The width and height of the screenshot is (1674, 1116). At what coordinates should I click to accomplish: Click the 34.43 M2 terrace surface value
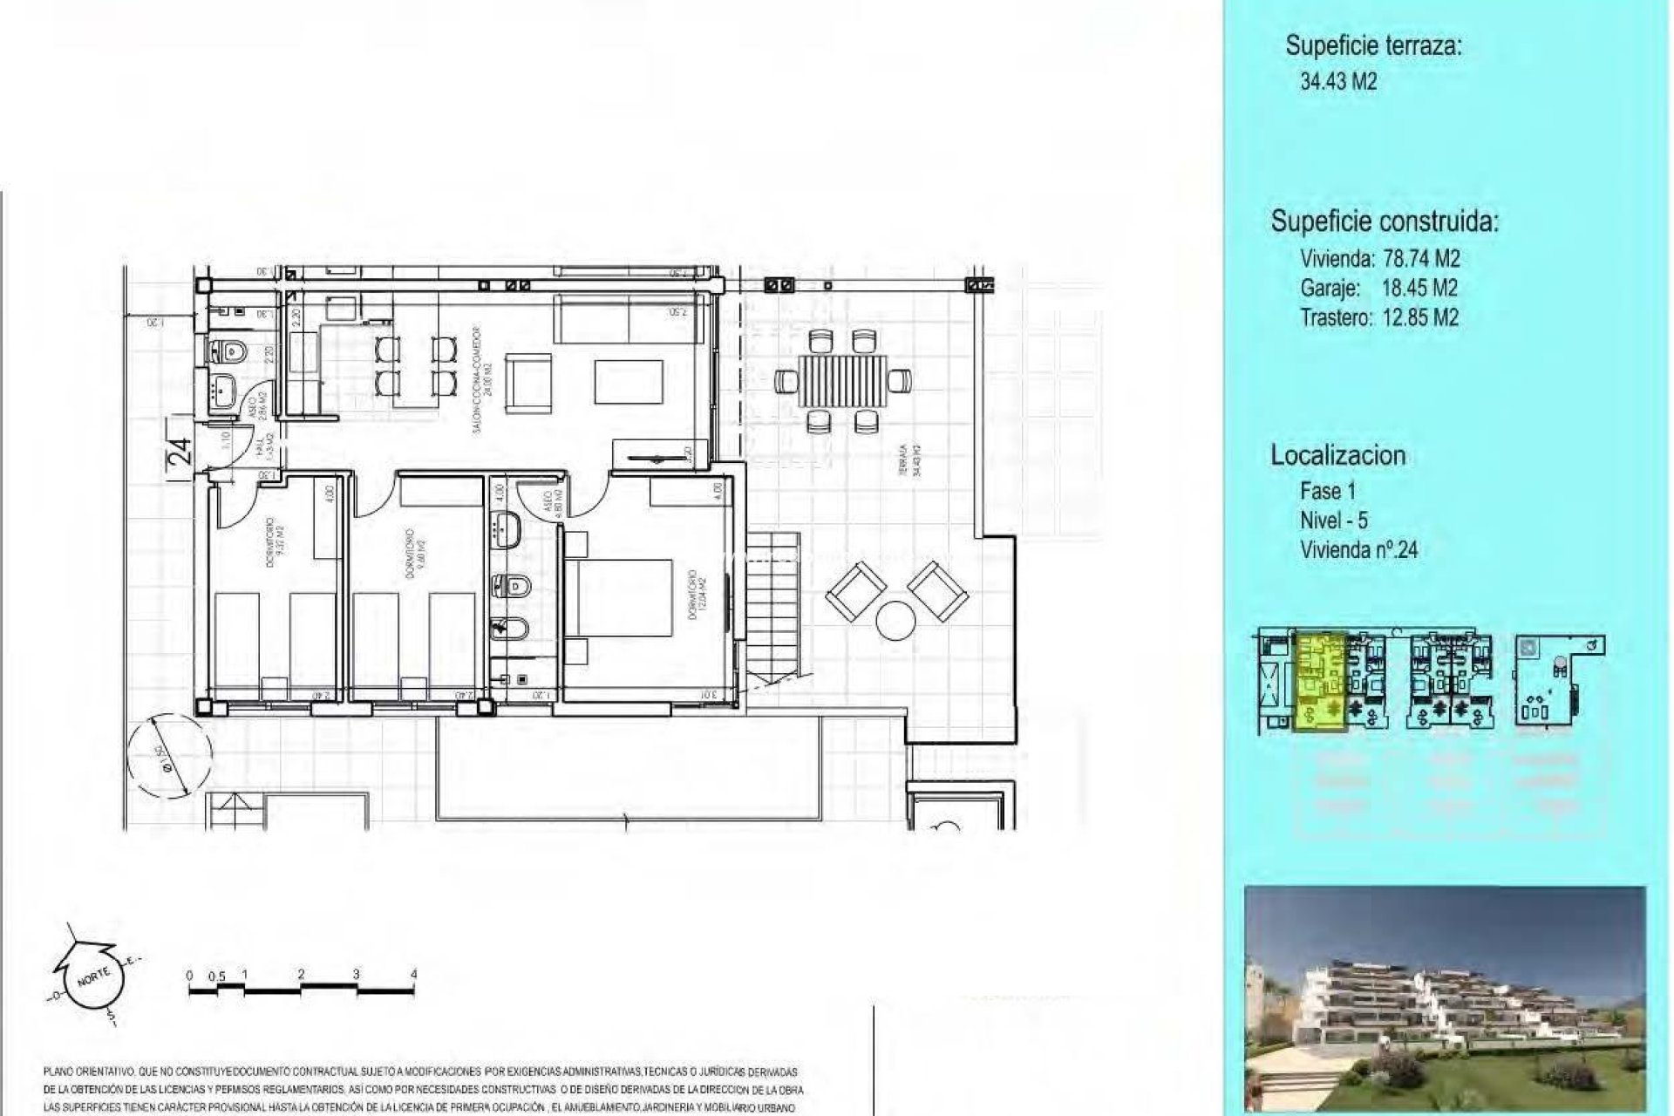tap(1338, 82)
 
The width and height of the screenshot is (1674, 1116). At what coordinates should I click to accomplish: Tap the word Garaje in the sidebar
tap(1330, 288)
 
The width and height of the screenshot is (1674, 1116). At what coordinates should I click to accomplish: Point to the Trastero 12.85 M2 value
tap(1420, 317)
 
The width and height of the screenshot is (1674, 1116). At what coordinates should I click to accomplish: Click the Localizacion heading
tap(1337, 455)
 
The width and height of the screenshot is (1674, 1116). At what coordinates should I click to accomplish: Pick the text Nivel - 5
tap(1333, 521)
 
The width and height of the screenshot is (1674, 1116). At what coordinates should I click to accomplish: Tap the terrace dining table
tap(843, 380)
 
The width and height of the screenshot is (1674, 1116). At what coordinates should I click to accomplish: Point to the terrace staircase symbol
tap(774, 610)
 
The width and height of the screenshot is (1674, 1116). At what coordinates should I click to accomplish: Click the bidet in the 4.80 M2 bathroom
tap(506, 626)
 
